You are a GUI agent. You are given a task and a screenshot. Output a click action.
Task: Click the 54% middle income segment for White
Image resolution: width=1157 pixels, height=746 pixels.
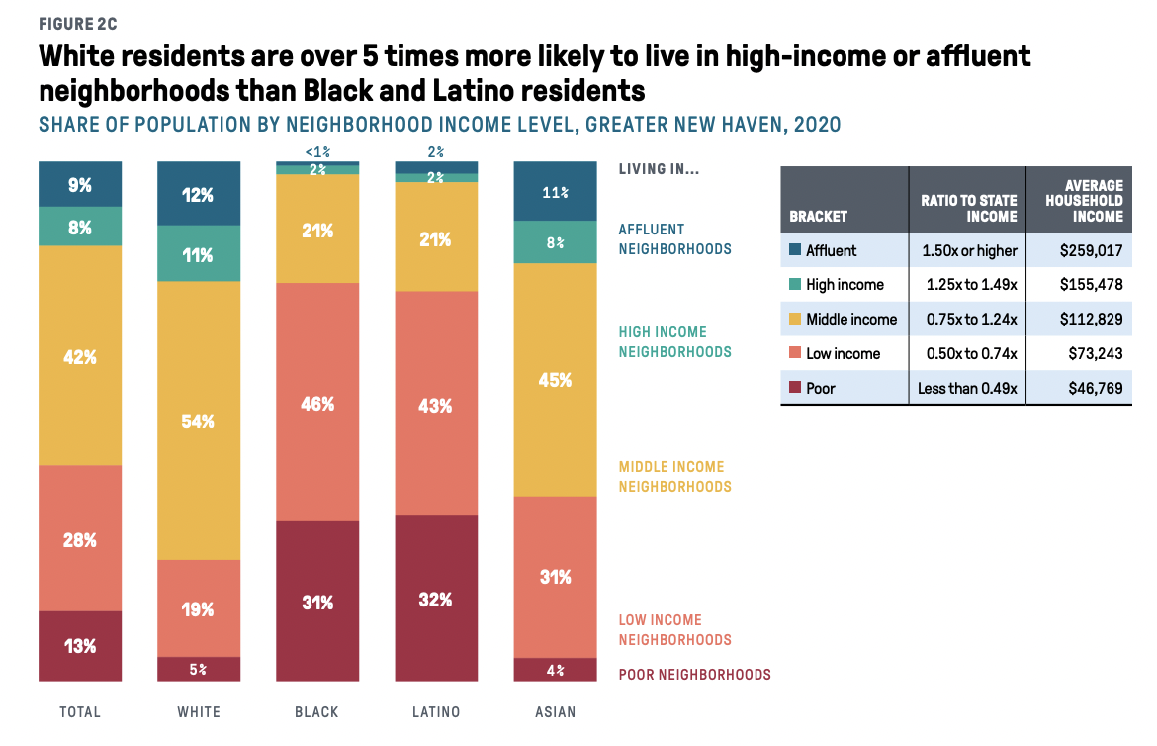(199, 420)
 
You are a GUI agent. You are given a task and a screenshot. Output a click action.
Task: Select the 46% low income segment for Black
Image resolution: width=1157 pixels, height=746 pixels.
(317, 403)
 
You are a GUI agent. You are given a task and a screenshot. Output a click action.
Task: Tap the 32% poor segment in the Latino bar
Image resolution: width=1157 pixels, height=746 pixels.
(436, 599)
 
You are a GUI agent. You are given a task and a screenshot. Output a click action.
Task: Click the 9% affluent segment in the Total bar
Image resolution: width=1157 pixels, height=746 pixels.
(80, 184)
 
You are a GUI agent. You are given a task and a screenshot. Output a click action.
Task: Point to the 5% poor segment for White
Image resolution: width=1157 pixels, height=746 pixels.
(199, 670)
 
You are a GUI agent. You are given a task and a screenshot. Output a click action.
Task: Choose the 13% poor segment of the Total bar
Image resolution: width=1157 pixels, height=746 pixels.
(80, 646)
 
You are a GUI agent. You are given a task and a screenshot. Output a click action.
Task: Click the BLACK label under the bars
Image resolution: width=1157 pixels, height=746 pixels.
(316, 712)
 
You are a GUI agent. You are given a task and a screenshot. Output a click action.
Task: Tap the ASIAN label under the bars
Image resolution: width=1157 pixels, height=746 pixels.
(555, 712)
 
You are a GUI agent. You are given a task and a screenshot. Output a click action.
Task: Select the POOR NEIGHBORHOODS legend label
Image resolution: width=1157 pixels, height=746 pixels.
(694, 675)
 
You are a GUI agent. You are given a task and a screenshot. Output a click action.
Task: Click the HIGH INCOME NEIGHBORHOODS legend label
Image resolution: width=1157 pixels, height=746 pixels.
(674, 341)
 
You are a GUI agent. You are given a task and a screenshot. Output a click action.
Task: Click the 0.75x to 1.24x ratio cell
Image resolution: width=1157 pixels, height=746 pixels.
(966, 319)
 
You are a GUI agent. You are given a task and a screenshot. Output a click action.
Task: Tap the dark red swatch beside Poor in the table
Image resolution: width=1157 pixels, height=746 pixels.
(794, 389)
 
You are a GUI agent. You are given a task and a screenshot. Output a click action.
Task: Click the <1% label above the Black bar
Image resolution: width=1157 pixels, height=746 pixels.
(317, 152)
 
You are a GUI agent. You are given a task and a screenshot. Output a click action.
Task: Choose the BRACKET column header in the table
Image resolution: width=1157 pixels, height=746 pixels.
(818, 216)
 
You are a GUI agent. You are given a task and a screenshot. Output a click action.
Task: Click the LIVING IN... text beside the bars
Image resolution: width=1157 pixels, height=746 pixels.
(659, 169)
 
